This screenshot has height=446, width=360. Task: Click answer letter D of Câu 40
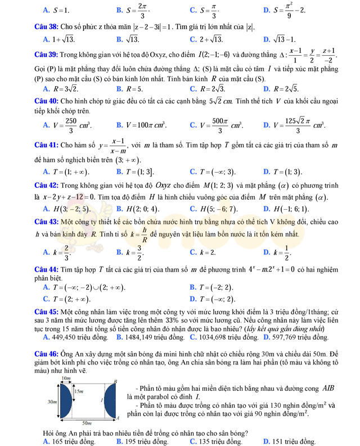click(266, 125)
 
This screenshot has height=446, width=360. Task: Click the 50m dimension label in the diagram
click(87, 422)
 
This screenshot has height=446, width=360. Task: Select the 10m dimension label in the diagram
click(66, 380)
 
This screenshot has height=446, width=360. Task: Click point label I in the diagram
click(102, 400)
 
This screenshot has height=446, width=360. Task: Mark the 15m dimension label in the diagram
click(78, 390)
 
